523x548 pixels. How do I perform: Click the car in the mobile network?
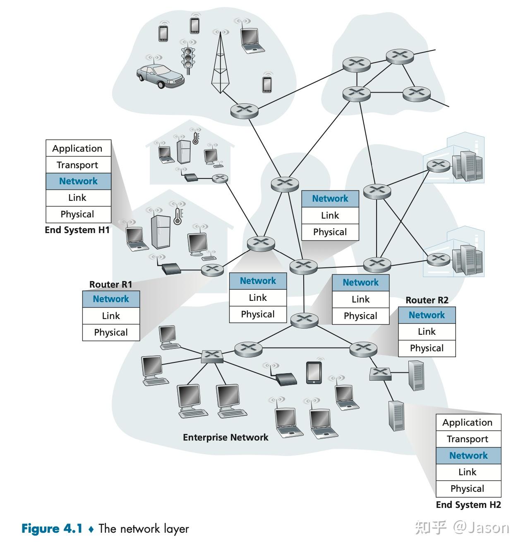[x=160, y=76]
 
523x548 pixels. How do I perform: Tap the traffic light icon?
[x=189, y=58]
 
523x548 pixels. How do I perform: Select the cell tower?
[x=220, y=64]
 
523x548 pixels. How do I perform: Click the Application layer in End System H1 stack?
[x=78, y=148]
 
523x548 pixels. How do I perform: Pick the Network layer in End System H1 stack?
[x=78, y=181]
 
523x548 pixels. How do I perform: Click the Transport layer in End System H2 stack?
[x=468, y=439]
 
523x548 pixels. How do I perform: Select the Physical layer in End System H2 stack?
[x=468, y=489]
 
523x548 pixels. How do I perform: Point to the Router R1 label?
[x=111, y=284]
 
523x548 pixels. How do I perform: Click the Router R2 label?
[x=427, y=300]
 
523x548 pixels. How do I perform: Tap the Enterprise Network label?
[x=226, y=437]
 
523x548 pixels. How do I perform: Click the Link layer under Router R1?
[x=111, y=316]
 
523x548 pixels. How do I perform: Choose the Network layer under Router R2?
[x=427, y=315]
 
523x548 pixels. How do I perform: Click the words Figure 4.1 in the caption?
[x=52, y=529]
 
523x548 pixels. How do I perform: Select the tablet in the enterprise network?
[x=314, y=372]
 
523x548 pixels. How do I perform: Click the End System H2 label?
[x=468, y=505]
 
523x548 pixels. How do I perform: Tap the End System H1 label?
[x=77, y=230]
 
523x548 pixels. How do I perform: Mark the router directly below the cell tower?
[x=244, y=111]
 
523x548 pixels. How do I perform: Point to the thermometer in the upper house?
[x=196, y=137]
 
